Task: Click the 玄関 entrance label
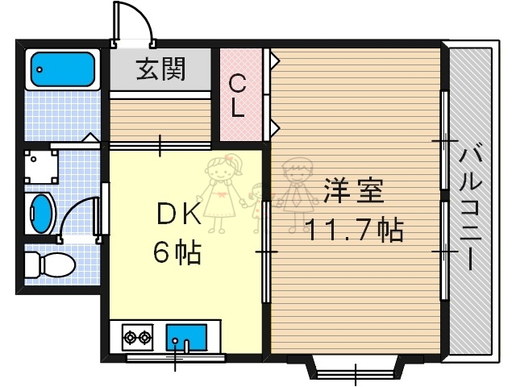coord(160,69)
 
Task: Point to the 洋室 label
coord(353,193)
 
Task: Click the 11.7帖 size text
coord(353,231)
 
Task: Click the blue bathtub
coord(63,70)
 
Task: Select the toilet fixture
coord(48,264)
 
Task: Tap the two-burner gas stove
coord(137,336)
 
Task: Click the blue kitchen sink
coord(186,335)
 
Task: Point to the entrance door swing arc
coord(132,19)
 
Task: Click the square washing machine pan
coord(41,166)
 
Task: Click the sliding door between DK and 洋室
coord(266,250)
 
